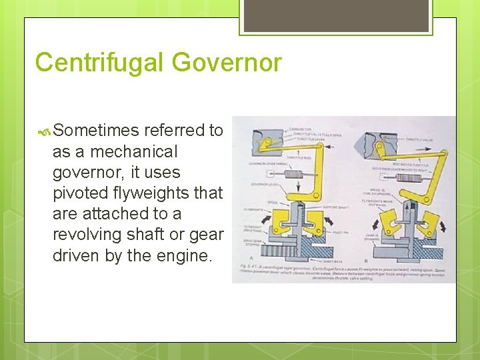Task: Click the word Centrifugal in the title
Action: click(x=99, y=63)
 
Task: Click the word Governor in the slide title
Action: click(x=226, y=63)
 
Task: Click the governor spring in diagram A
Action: click(x=291, y=172)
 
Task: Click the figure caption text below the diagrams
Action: click(x=340, y=272)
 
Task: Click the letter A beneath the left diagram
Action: click(x=250, y=257)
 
